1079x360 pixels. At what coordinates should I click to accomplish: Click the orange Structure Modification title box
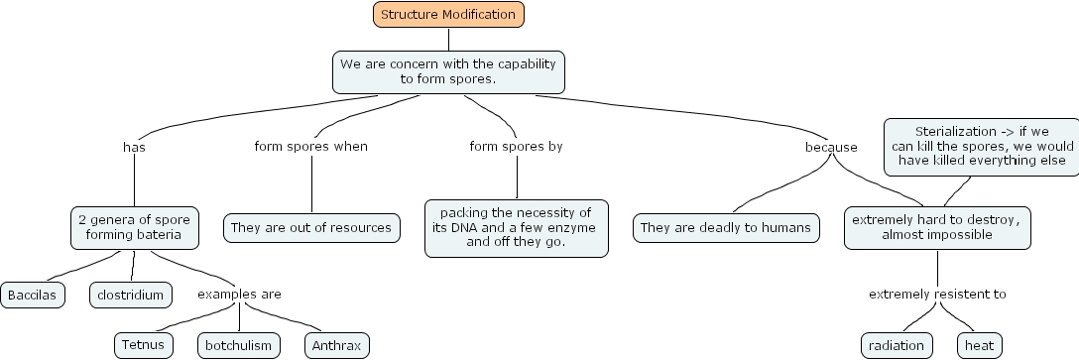click(x=448, y=15)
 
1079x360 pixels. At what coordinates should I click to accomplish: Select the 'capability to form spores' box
click(x=448, y=71)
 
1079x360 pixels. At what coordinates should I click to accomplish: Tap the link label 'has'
click(x=134, y=147)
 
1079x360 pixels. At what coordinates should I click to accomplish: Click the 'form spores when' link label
click(x=311, y=146)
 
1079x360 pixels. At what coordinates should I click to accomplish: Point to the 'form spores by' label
click(x=516, y=146)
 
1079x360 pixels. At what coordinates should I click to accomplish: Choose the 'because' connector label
click(x=831, y=148)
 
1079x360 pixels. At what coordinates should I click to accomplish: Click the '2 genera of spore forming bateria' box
click(x=135, y=228)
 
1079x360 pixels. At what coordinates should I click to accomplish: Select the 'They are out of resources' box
click(x=311, y=228)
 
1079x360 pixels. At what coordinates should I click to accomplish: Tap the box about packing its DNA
click(x=517, y=228)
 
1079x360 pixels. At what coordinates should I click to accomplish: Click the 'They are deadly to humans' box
click(x=726, y=228)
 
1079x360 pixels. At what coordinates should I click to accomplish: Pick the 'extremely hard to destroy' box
click(x=937, y=228)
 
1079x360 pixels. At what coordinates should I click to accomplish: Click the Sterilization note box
click(x=982, y=147)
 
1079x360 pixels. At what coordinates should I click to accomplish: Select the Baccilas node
click(x=33, y=296)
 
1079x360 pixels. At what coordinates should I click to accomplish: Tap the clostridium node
click(x=131, y=296)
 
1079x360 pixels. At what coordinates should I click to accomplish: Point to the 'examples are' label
click(x=239, y=294)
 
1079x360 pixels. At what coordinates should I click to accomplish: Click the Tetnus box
click(x=143, y=345)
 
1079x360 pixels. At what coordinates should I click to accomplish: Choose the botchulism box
click(x=239, y=345)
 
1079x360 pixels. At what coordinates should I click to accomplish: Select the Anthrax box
click(x=336, y=345)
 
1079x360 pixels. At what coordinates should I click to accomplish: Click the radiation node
click(x=897, y=345)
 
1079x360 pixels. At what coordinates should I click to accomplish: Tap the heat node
click(x=979, y=345)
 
